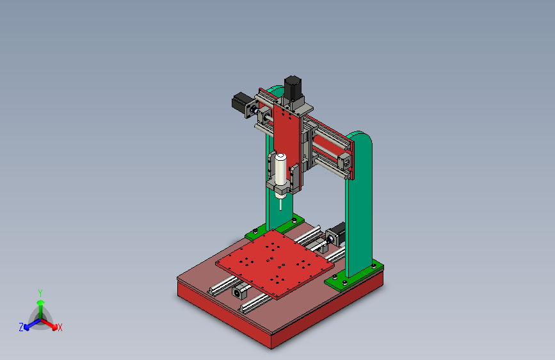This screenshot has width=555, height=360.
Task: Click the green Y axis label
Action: tap(40, 293)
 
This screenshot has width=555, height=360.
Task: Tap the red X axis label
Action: tap(60, 328)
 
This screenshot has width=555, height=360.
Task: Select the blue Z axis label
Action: tap(21, 327)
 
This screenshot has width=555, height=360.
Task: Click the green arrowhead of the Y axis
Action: tap(41, 302)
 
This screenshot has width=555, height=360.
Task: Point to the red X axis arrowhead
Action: tap(54, 327)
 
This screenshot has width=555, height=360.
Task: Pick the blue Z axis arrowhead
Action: tap(26, 327)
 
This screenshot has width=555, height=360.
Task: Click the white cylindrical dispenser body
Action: tap(280, 169)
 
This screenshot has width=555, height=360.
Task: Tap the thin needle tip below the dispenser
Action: tap(281, 209)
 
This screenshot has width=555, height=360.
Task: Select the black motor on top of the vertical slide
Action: tap(293, 87)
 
